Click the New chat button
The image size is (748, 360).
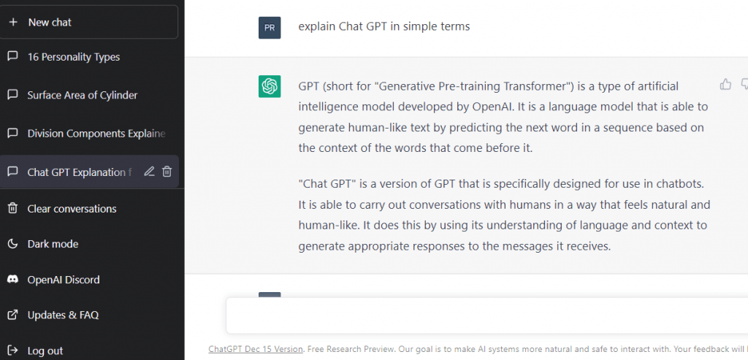(x=89, y=22)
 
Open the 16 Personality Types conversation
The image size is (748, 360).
(x=73, y=57)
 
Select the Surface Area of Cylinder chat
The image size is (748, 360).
(x=82, y=95)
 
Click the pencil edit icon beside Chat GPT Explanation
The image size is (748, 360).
(x=149, y=172)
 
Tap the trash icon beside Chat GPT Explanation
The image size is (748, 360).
(x=167, y=172)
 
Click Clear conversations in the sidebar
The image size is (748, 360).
(x=72, y=209)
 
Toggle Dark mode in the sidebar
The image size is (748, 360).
(x=53, y=244)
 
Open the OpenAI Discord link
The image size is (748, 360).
(x=63, y=280)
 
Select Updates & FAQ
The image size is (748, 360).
(x=62, y=315)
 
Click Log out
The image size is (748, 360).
(x=45, y=351)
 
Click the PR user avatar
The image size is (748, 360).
(x=270, y=28)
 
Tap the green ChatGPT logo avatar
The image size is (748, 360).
(x=270, y=86)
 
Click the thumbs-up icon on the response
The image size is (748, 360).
(x=725, y=84)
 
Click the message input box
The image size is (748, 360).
(x=482, y=315)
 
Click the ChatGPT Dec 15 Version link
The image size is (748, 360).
(x=255, y=349)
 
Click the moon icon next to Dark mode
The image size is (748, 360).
(x=12, y=244)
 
